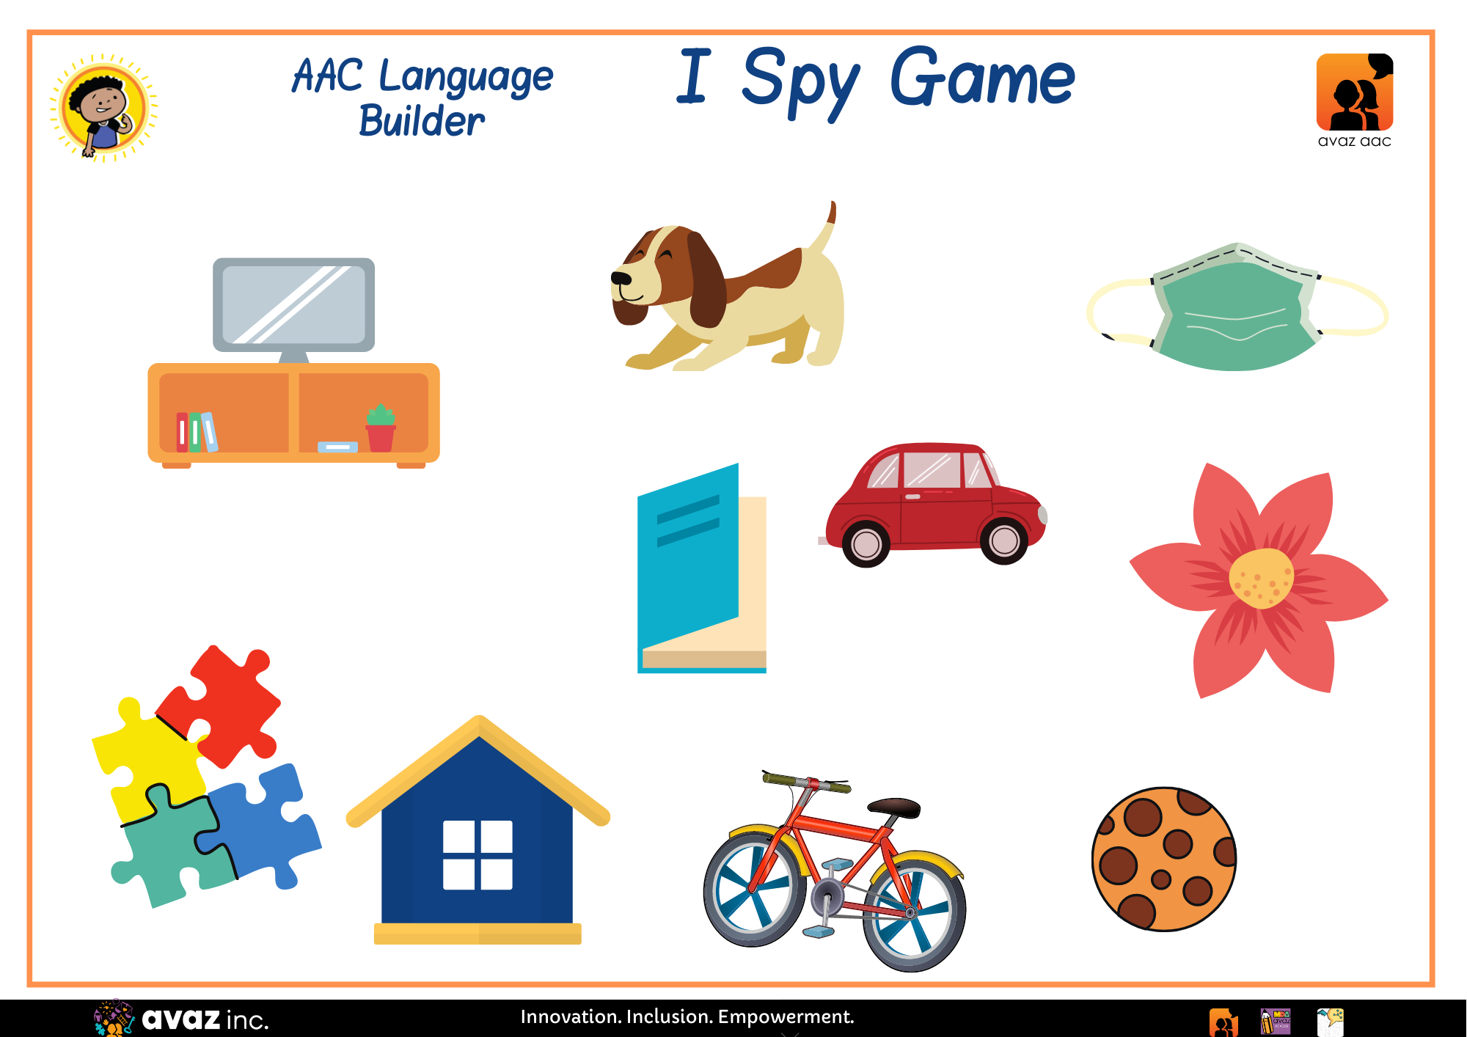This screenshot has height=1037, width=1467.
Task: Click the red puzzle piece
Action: tap(220, 704)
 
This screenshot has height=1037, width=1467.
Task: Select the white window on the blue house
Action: tap(478, 855)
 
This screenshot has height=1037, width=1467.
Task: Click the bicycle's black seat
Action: tap(894, 807)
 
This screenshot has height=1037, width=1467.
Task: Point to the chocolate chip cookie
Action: tap(1164, 859)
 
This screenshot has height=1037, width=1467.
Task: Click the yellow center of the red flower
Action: tap(1261, 579)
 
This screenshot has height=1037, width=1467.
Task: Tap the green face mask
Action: tap(1237, 308)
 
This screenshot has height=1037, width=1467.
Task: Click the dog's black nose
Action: tap(621, 278)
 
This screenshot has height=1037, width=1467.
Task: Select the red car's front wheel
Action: tap(1004, 541)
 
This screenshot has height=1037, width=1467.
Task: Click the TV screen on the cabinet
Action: tap(293, 304)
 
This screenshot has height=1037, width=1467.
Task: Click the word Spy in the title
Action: tap(800, 81)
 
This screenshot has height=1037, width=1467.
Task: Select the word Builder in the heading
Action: tap(422, 121)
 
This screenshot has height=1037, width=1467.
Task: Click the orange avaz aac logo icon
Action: tap(1355, 92)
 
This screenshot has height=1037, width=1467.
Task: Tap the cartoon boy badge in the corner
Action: tap(103, 108)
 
